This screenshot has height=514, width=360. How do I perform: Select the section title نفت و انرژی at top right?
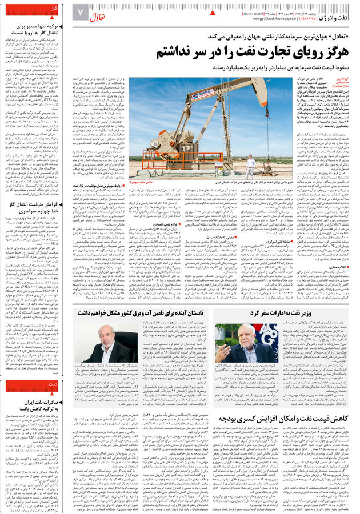click(x=341, y=14)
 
